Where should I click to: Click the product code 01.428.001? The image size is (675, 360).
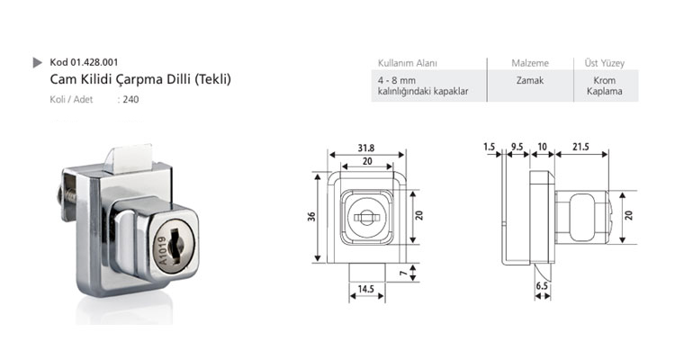tap(94, 62)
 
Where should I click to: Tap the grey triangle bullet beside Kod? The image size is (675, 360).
tap(37, 62)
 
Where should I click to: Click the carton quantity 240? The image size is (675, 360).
tap(130, 100)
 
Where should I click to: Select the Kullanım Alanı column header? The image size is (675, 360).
tap(407, 63)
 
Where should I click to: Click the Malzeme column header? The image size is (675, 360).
tap(530, 63)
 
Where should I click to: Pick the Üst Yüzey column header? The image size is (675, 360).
tap(604, 63)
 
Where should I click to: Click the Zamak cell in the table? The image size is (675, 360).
tap(530, 80)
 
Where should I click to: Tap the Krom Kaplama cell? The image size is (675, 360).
tap(605, 85)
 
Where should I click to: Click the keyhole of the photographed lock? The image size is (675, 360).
tap(175, 246)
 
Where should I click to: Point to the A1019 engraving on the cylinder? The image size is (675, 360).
tap(162, 251)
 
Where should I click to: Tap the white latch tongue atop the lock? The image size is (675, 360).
tap(129, 158)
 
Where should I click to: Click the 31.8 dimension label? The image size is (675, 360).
tap(366, 148)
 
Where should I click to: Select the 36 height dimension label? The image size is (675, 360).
tap(311, 216)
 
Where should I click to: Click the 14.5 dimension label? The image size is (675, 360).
tap(366, 289)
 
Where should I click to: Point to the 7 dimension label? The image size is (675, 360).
tap(402, 273)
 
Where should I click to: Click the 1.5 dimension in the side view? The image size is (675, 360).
tap(489, 147)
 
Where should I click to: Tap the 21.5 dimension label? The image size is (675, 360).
tap(580, 147)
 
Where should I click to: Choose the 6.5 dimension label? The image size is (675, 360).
tap(542, 286)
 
